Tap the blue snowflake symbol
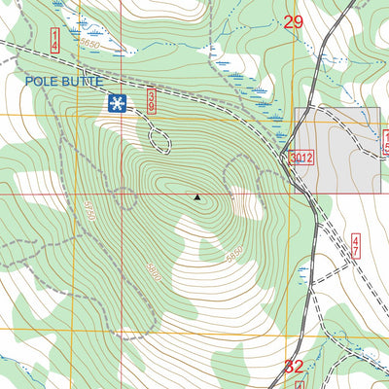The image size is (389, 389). [x=116, y=102]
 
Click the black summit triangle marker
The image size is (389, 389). [x=198, y=197]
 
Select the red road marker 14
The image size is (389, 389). [x=54, y=40]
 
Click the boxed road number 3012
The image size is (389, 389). [x=301, y=158]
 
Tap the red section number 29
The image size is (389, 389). [x=294, y=22]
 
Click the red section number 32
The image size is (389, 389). [x=294, y=367]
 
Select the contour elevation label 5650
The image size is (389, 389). [x=89, y=45]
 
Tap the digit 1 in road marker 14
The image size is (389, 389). [x=54, y=34]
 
